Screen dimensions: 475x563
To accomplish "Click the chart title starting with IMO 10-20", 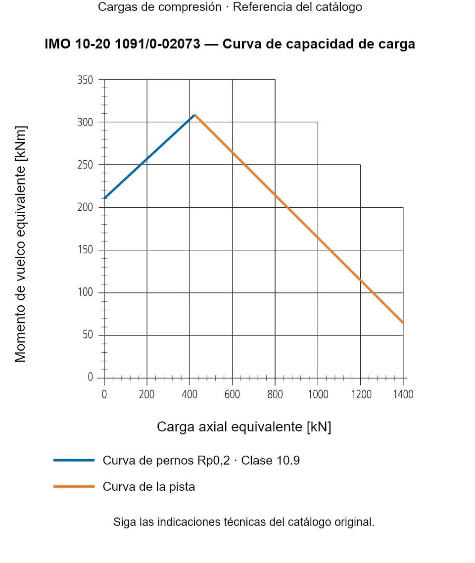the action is (x=230, y=44).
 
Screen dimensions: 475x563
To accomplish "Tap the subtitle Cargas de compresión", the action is (x=160, y=7).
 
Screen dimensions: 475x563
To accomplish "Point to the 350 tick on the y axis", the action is (x=85, y=80).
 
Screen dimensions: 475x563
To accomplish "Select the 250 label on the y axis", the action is (x=85, y=165).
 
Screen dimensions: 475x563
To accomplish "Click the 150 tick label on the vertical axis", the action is (x=85, y=249).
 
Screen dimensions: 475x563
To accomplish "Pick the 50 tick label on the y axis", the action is (x=88, y=334).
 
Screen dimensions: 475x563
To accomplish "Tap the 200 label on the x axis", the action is (x=147, y=394).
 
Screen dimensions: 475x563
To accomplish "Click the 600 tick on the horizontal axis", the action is (x=232, y=394).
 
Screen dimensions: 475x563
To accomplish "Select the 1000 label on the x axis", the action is (x=318, y=394).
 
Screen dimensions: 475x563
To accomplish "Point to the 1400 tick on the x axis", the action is (x=403, y=394).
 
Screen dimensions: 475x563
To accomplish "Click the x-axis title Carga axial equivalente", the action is (x=244, y=427).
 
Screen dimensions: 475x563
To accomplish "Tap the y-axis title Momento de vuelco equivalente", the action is (x=20, y=244).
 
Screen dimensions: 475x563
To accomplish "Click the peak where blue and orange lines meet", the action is (x=195, y=115).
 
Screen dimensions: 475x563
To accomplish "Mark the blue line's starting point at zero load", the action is (x=104, y=198).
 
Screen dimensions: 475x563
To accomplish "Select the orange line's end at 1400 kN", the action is (x=403, y=323).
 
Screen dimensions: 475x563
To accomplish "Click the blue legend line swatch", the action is (x=74, y=460).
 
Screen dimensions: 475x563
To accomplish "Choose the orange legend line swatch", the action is (x=74, y=486).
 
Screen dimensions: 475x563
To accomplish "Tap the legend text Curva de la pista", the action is (x=148, y=487).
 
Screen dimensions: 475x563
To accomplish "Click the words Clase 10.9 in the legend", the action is (x=270, y=460).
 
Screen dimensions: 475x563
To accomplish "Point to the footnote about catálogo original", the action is (x=244, y=522).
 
